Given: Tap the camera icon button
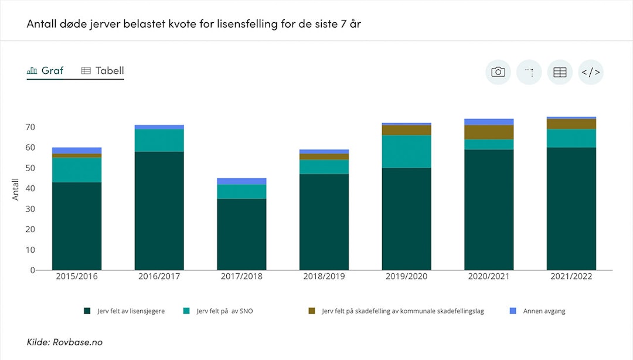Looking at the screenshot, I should point(498,72).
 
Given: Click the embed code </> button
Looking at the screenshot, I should point(590,72).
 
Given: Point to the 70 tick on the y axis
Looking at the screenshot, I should point(30,127).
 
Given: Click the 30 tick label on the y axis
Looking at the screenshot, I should point(30,209).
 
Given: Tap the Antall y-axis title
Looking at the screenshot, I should point(16,189).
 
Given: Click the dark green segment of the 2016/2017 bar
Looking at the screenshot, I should point(159,211).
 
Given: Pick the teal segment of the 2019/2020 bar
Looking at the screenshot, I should point(407,152).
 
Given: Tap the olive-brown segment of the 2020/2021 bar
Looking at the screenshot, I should point(489,133).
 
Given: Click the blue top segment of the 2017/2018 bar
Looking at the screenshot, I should point(241,181).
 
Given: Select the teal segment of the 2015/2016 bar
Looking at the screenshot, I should point(77,170).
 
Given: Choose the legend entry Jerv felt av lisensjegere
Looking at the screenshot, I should point(131,311).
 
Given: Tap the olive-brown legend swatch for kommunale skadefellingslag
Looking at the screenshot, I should point(312,311).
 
